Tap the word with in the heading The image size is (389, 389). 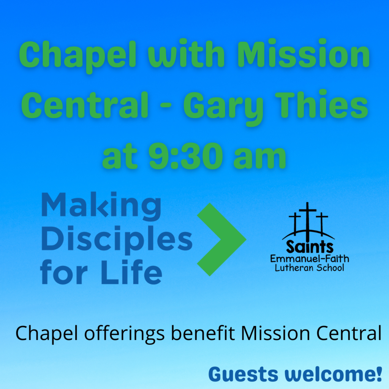[186, 54]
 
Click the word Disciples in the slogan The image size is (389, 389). [117, 240]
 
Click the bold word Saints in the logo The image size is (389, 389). [310, 247]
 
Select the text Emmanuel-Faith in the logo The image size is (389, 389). [310, 259]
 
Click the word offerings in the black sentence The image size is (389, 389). [124, 334]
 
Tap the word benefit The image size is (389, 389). [203, 333]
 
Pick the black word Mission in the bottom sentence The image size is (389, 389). [276, 333]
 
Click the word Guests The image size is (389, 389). [244, 374]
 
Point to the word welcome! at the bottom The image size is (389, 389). [334, 374]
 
